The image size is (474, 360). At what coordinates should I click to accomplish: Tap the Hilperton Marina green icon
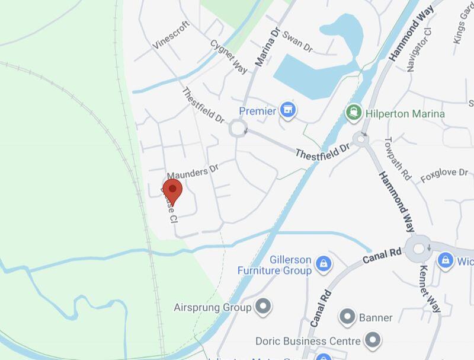(x=354, y=111)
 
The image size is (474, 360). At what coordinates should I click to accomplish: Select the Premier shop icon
(x=289, y=110)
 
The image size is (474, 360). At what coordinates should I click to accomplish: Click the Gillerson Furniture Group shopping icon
(x=323, y=263)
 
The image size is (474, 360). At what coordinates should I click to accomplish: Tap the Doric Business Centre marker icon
(x=373, y=340)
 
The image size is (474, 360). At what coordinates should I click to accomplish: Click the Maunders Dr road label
(x=193, y=171)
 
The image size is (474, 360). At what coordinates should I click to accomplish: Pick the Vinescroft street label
(x=170, y=37)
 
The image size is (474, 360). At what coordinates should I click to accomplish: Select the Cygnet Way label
(x=229, y=56)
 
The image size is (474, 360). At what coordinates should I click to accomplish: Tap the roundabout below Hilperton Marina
(x=360, y=140)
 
